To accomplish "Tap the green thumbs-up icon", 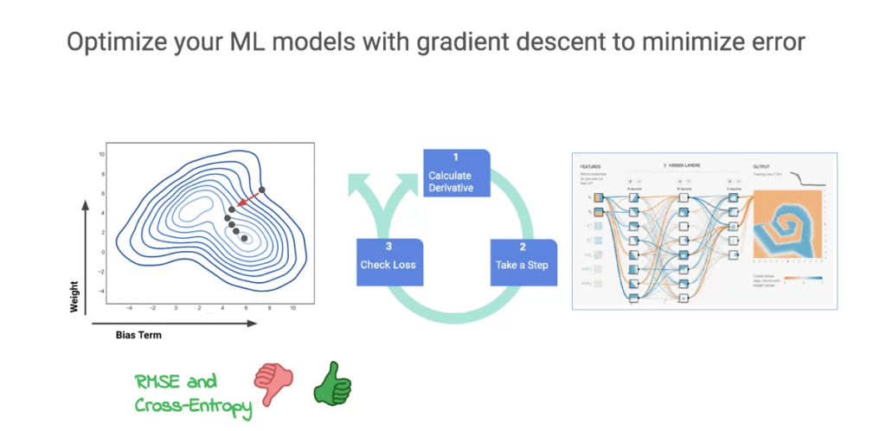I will pos(332,384).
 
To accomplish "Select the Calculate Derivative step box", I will pos(456,173).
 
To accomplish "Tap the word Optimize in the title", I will pos(108,42).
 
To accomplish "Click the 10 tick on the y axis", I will pos(102,154).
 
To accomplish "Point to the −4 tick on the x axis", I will pos(129,307).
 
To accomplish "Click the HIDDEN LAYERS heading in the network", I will pos(686,164).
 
